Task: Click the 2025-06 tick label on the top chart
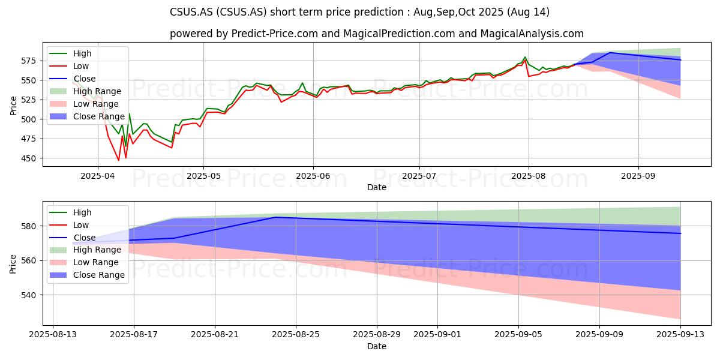pyautogui.click(x=313, y=176)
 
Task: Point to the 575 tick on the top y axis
pyautogui.click(x=29, y=61)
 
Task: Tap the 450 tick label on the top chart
pyautogui.click(x=29, y=158)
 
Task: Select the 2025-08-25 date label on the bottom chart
pyautogui.click(x=296, y=335)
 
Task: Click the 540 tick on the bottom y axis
pyautogui.click(x=29, y=295)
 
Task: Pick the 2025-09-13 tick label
pyautogui.click(x=680, y=335)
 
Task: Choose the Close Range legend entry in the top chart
pyautogui.click(x=87, y=116)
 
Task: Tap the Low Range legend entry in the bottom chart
pyautogui.click(x=84, y=262)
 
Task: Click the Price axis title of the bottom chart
pyautogui.click(x=13, y=264)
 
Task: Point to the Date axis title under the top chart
pyautogui.click(x=377, y=187)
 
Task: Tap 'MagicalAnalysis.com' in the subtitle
pyautogui.click(x=532, y=34)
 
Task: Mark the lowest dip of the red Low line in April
pyautogui.click(x=119, y=160)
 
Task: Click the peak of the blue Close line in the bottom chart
pyautogui.click(x=275, y=217)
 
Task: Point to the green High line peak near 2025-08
pyautogui.click(x=525, y=57)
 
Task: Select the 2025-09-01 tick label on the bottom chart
pyautogui.click(x=437, y=335)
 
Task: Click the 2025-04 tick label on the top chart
pyautogui.click(x=98, y=176)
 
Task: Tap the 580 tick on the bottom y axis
pyautogui.click(x=29, y=226)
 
